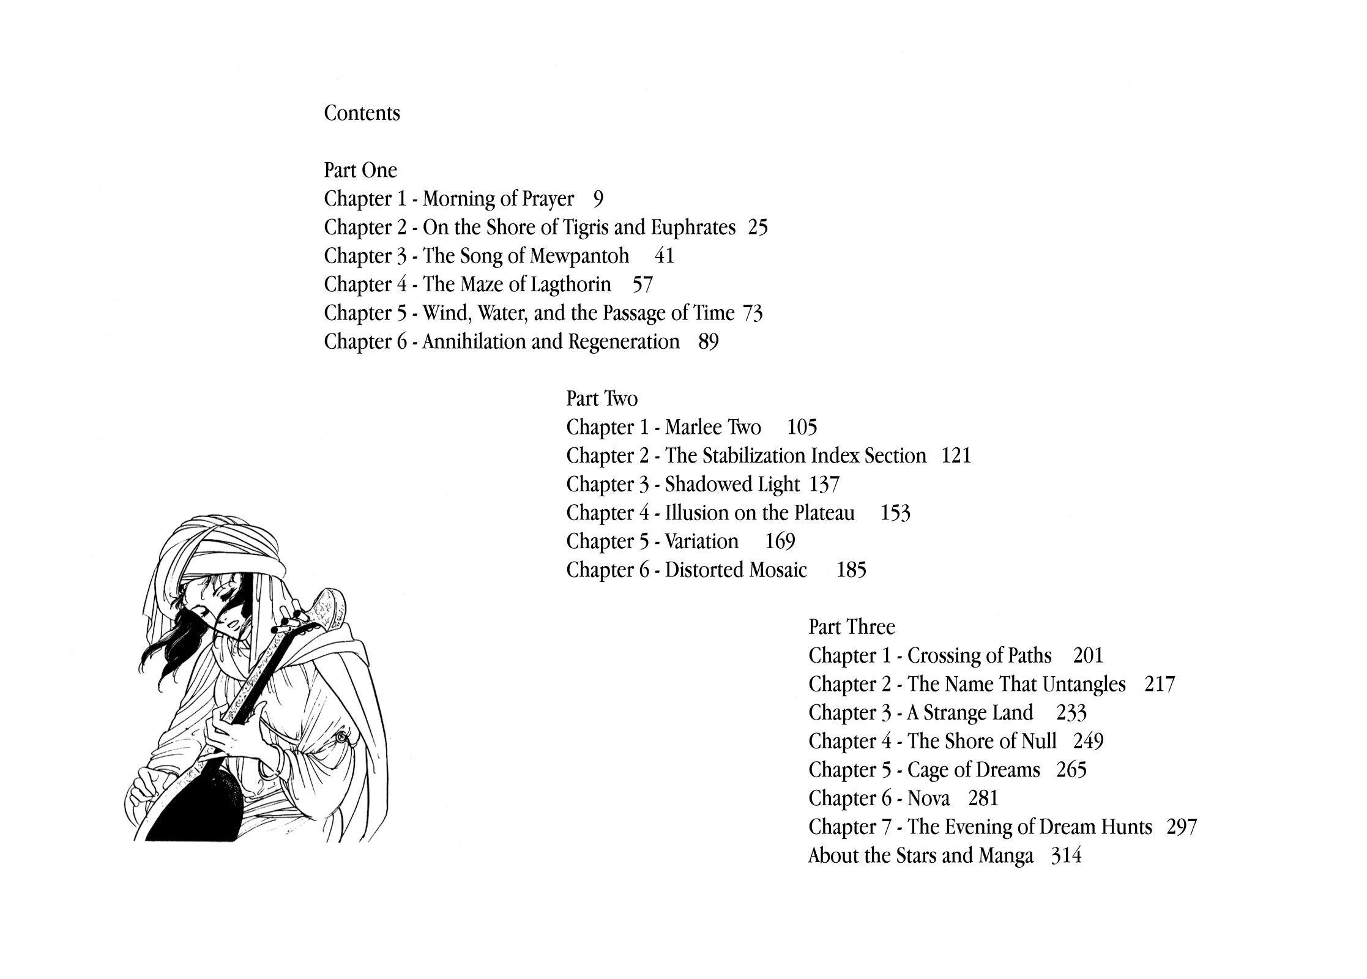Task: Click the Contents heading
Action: [x=362, y=113]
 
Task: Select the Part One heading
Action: [x=360, y=170]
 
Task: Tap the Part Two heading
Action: [x=602, y=399]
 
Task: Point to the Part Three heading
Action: [x=851, y=627]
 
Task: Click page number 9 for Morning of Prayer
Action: [x=598, y=199]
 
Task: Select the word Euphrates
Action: [x=693, y=228]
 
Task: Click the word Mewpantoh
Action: [x=579, y=256]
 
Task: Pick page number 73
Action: [x=752, y=313]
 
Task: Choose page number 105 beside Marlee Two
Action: [x=802, y=427]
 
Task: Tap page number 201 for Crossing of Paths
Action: [x=1088, y=656]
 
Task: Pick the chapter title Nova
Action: [x=928, y=798]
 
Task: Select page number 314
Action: [x=1066, y=855]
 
